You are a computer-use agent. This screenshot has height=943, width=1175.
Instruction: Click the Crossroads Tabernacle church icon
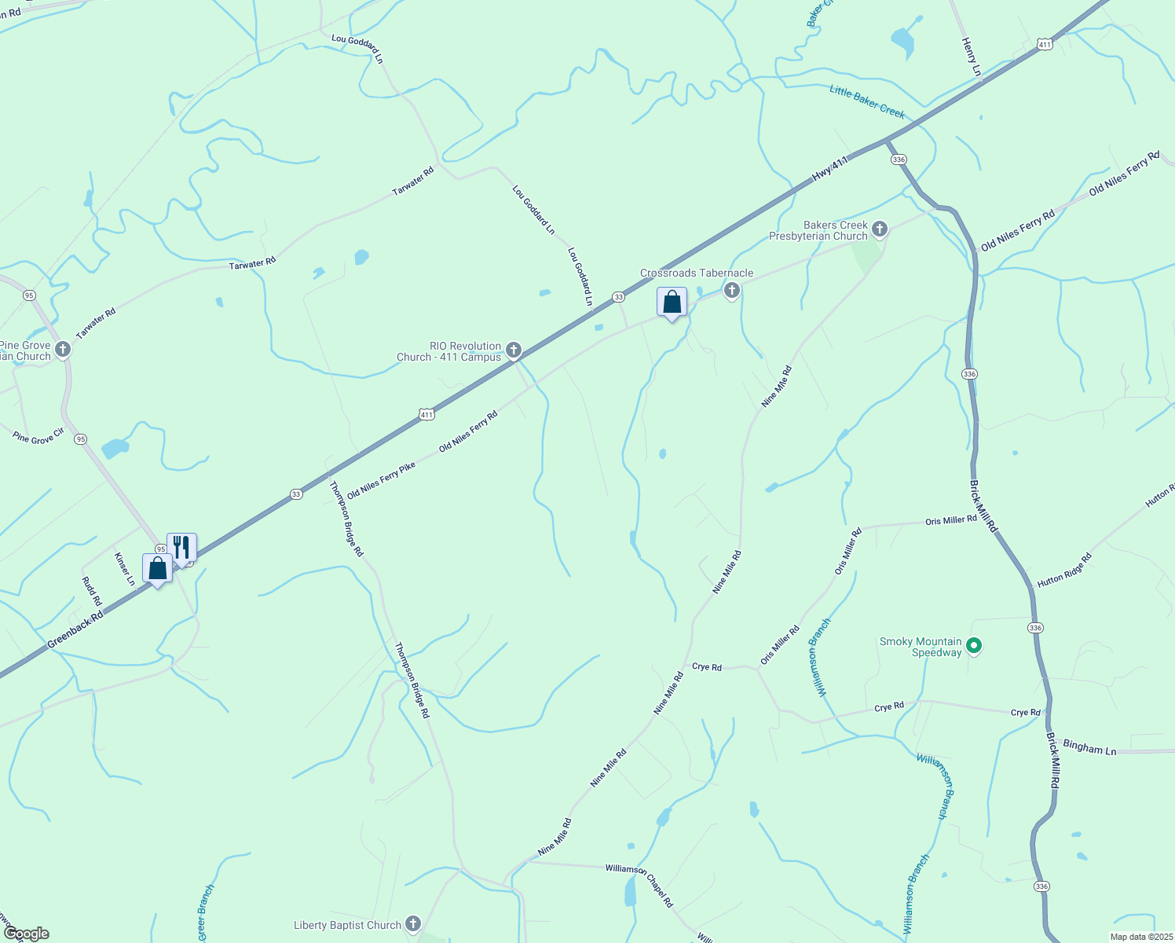(732, 291)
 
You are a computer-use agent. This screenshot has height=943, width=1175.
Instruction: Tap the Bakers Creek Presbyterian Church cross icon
(880, 229)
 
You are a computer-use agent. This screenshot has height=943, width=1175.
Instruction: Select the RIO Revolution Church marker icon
(514, 350)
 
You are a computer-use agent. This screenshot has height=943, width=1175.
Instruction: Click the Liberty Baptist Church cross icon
(413, 924)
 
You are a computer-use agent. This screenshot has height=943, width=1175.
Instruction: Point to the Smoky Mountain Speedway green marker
(974, 646)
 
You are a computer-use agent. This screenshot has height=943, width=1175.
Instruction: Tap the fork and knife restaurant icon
(181, 546)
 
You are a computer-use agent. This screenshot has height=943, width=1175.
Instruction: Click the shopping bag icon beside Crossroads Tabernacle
(672, 302)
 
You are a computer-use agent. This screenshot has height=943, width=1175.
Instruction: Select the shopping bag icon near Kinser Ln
(157, 567)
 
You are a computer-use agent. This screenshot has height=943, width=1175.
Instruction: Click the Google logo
(26, 934)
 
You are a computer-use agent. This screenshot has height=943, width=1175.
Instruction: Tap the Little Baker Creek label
(867, 102)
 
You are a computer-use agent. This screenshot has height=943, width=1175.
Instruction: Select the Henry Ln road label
(972, 57)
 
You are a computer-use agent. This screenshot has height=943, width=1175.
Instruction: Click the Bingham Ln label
(1089, 747)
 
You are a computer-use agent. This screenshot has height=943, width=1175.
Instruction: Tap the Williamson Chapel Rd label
(639, 885)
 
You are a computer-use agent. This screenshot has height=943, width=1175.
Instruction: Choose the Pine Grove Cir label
(38, 437)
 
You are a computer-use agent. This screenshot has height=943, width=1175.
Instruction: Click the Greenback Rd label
(75, 631)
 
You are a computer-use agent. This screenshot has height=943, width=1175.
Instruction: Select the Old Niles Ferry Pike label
(381, 480)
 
